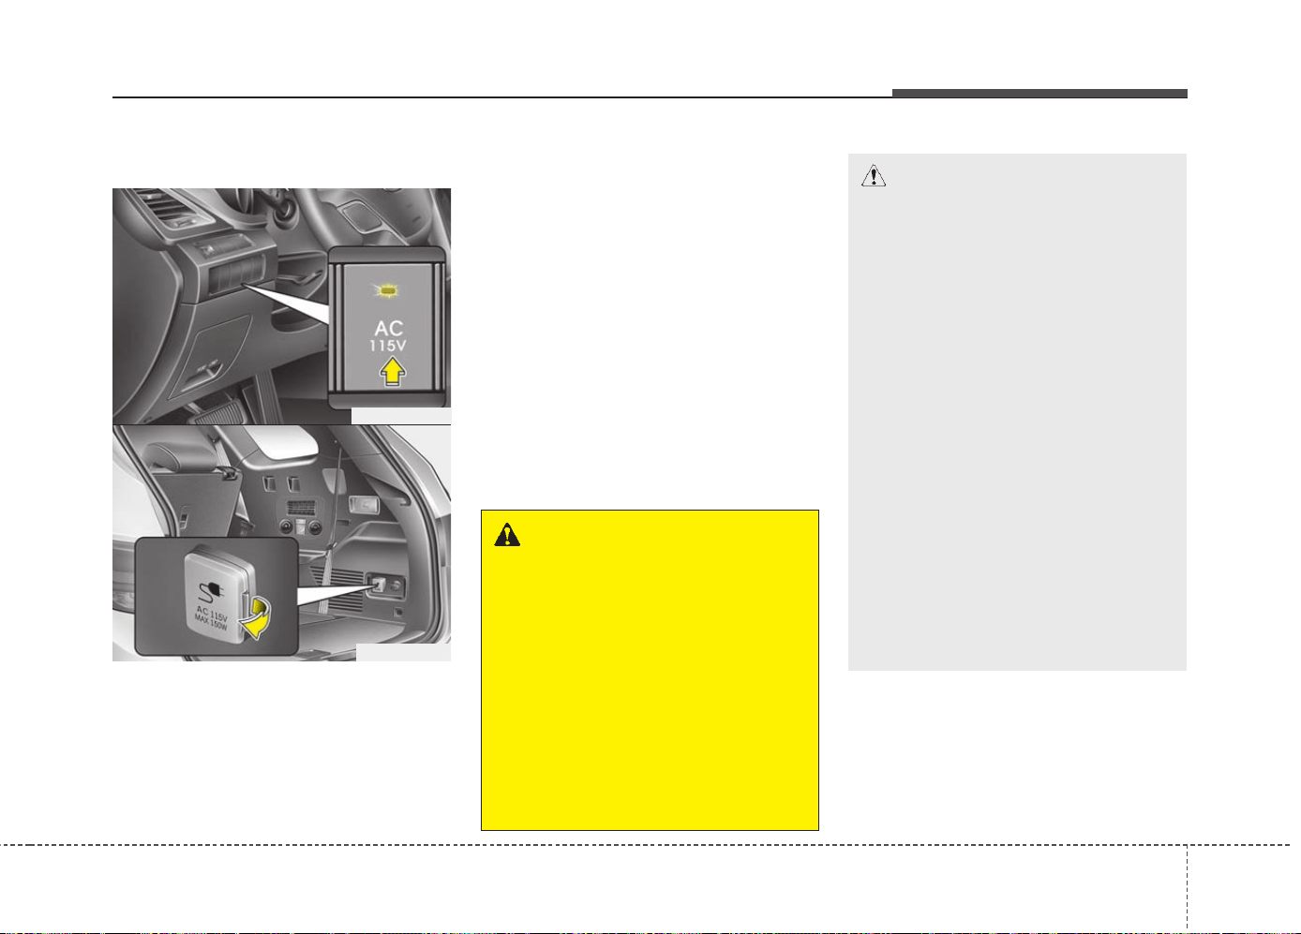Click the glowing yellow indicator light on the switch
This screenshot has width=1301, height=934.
click(387, 290)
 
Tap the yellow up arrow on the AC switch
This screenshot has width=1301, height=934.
click(393, 371)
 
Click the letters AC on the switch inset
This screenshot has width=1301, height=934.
click(389, 329)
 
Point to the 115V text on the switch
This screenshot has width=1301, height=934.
click(388, 346)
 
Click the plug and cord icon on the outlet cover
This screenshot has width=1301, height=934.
click(211, 591)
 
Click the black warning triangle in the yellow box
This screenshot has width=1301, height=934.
click(507, 535)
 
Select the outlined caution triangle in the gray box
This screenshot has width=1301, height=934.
click(874, 176)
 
